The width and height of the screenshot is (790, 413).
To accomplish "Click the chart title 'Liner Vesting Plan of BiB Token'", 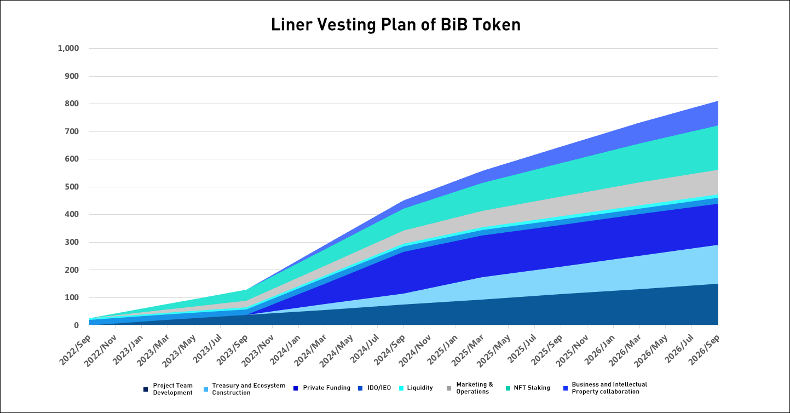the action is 396,25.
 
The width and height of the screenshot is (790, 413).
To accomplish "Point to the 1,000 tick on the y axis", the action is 68,48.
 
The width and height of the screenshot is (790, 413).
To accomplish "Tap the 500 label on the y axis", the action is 72,187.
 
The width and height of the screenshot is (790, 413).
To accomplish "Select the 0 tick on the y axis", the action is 76,325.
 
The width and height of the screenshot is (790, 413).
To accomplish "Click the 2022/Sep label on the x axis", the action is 75,349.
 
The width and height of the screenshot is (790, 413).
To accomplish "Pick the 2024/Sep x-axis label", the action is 390,349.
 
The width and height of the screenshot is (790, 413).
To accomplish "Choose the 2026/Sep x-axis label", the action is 704,349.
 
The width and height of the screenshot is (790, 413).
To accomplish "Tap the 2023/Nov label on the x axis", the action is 258,350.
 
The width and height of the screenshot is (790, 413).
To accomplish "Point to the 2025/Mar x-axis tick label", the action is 468,350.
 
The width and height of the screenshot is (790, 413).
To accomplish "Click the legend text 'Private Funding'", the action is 327,388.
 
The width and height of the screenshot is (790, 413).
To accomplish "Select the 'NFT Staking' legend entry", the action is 532,388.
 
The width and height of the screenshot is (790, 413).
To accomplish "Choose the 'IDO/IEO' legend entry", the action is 379,388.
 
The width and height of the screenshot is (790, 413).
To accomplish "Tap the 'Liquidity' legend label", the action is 420,388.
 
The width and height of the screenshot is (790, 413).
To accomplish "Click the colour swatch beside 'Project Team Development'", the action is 146,389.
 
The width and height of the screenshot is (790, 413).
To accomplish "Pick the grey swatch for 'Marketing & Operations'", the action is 449,389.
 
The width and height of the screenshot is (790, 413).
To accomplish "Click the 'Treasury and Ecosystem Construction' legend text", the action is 249,389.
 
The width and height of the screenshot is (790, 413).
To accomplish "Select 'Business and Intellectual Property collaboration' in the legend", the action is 609,388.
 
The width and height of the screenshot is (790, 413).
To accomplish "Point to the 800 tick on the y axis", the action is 72,104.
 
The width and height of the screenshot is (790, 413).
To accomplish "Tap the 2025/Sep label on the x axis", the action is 547,349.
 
